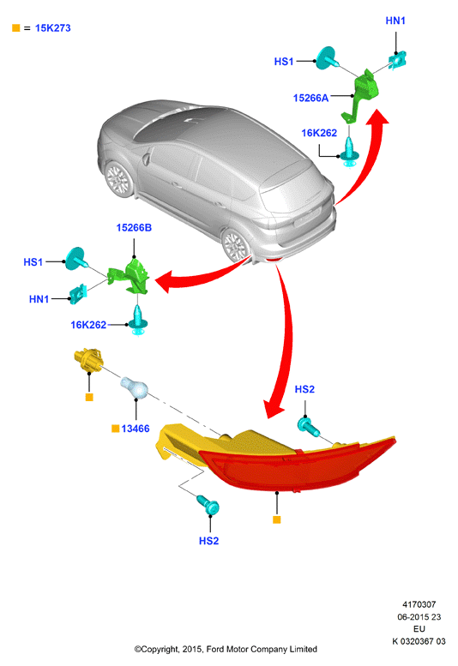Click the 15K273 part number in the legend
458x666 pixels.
pos(52,28)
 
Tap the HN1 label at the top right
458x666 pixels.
pos(395,21)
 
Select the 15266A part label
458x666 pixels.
pos(310,98)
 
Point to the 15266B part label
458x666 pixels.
pos(134,228)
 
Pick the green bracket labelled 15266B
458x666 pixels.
pos(130,277)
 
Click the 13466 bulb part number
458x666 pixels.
pos(136,429)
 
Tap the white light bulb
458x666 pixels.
pos(135,387)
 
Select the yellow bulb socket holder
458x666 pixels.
pos(88,361)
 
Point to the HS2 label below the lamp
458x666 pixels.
pos(208,541)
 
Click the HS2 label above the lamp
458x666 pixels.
pos(304,389)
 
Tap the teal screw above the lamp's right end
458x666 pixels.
pos(309,427)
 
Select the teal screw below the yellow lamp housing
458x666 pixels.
pos(208,505)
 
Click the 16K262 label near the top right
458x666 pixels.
pos(319,133)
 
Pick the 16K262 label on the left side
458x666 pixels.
pos(88,325)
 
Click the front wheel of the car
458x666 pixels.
pos(118,179)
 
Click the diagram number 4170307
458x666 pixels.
pos(419,604)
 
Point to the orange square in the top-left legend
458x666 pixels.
pos(16,28)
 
